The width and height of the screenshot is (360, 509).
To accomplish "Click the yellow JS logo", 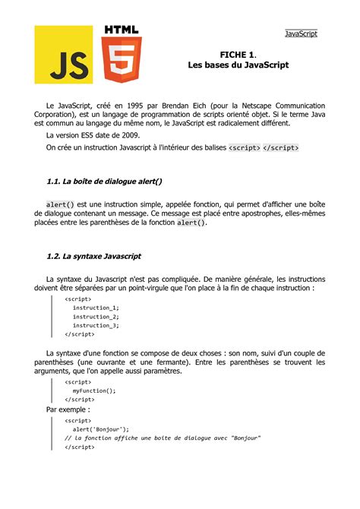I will pyautogui.click(x=64, y=55).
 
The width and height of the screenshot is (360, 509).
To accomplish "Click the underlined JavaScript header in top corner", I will pyautogui.click(x=301, y=33).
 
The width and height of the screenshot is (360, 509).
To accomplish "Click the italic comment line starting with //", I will pyautogui.click(x=163, y=438).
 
